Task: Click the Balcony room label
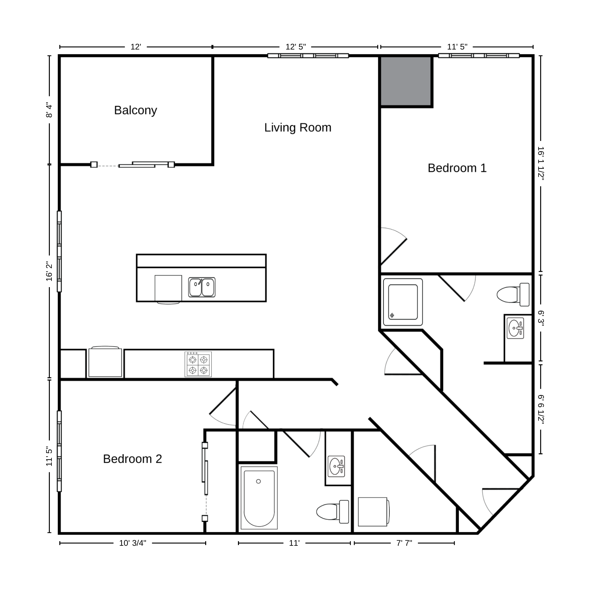click(x=135, y=110)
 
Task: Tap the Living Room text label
click(x=298, y=128)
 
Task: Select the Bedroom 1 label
click(x=457, y=168)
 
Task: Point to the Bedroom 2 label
click(x=132, y=459)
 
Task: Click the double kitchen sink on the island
click(x=202, y=287)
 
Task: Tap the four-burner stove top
click(x=198, y=364)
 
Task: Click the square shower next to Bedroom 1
click(x=403, y=302)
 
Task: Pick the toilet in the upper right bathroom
click(x=513, y=295)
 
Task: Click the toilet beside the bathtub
click(x=332, y=512)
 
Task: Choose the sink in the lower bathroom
click(x=336, y=466)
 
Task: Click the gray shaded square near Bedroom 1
click(x=406, y=81)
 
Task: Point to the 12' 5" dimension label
click(x=296, y=47)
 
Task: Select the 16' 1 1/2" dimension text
click(x=541, y=163)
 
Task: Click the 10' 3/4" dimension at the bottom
click(x=132, y=543)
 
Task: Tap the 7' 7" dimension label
click(x=404, y=543)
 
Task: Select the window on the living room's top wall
click(x=308, y=56)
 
